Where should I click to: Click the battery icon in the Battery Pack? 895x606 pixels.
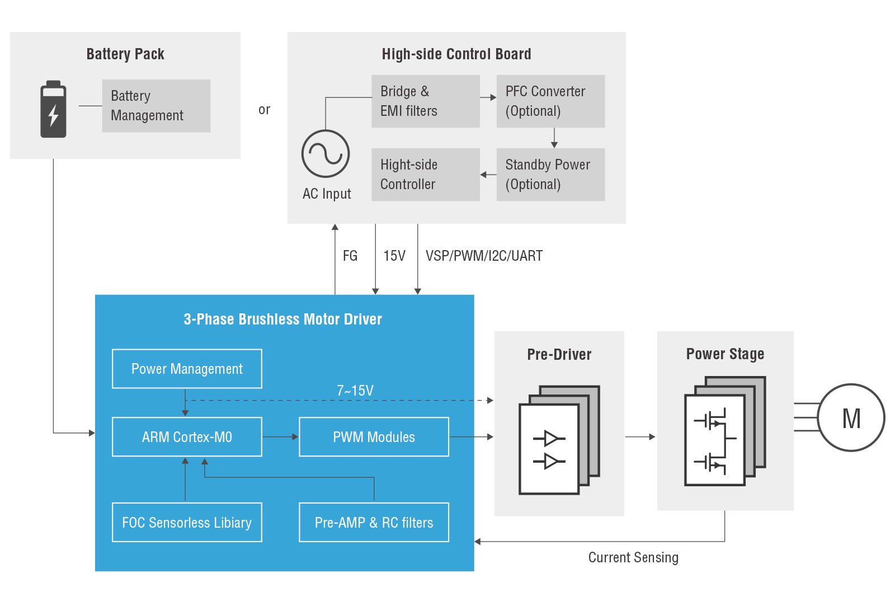53,109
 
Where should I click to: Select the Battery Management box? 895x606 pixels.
156,106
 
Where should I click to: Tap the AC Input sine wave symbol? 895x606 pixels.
326,154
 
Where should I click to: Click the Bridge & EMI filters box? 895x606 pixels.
426,101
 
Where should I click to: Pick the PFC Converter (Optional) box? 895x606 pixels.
550,101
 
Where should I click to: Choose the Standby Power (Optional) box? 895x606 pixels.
550,175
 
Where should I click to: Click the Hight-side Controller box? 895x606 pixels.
426,175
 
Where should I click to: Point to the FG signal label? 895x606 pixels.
350,256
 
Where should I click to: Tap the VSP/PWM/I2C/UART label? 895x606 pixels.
484,256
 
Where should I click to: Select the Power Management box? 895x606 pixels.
187,369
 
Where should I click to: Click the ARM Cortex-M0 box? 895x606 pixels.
187,437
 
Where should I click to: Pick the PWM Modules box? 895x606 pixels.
374,437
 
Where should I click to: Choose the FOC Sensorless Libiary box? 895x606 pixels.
187,523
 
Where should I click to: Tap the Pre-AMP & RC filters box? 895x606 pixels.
374,523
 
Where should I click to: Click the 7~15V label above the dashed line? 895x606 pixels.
355,391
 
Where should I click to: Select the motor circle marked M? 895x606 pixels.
851,418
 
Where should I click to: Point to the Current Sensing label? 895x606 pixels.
633,558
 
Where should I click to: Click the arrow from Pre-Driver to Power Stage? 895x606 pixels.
640,437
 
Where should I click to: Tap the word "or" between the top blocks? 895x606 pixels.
264,110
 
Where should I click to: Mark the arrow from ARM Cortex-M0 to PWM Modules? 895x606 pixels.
280,437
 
